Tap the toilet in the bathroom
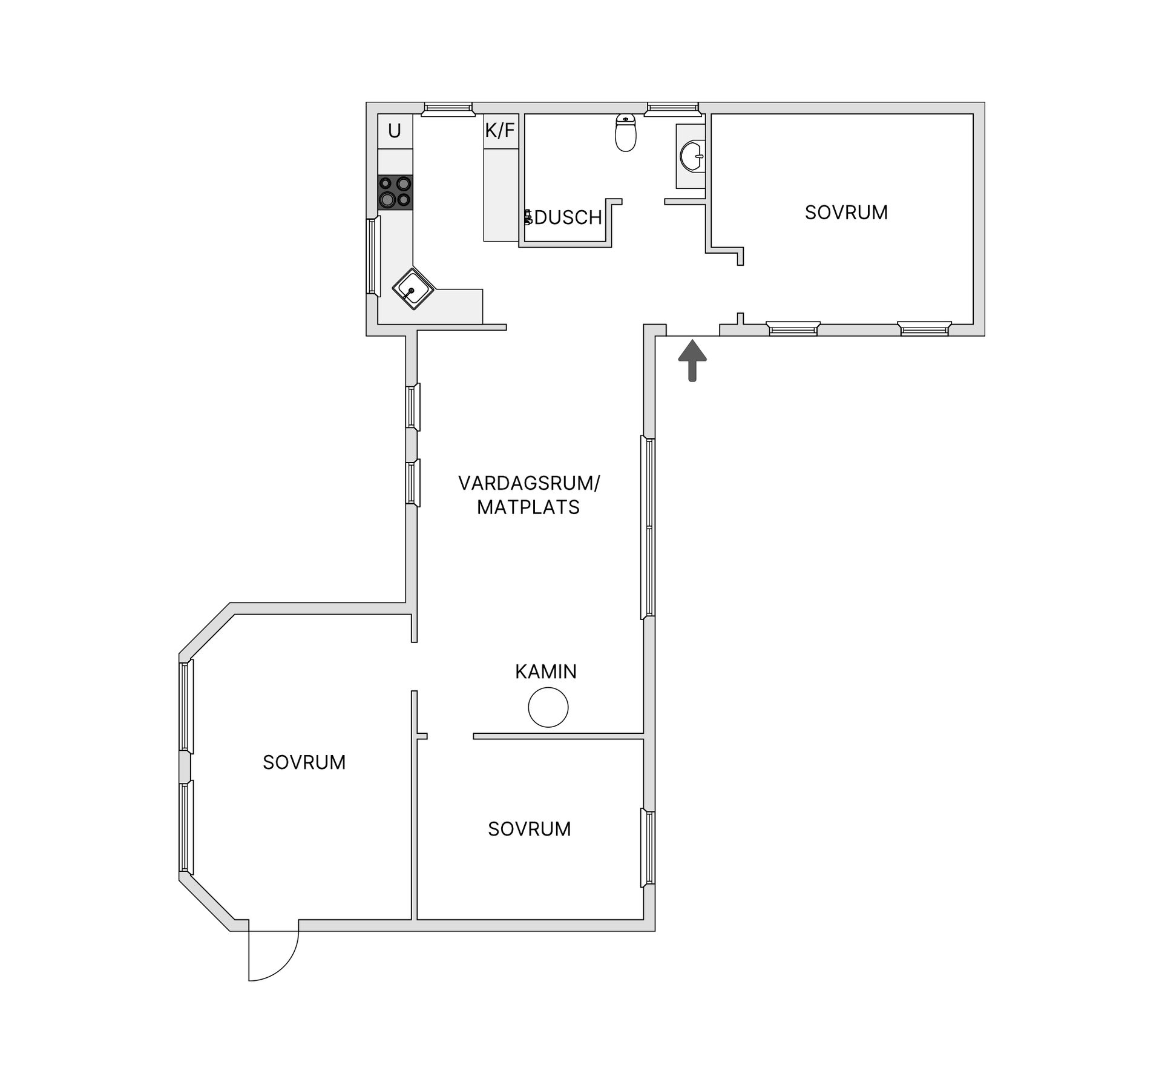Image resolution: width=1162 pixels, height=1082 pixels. coord(626,133)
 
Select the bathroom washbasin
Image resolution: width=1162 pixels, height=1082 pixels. coord(692,156)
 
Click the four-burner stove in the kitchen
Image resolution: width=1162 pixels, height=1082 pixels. coord(395,193)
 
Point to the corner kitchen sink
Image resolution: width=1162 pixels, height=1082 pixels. coord(413,289)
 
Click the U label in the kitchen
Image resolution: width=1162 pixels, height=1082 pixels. coord(395,131)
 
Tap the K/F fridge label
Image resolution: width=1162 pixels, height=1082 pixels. coord(500,130)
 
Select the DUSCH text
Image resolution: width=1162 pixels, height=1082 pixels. coord(568,217)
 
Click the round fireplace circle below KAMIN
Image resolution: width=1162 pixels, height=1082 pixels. coord(548,707)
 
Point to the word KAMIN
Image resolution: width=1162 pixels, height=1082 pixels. coord(546,671)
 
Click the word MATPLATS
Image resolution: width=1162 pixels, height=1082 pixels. coord(528,507)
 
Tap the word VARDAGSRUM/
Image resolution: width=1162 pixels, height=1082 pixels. coord(529,483)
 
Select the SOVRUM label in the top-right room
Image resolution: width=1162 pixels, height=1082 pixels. coord(846,213)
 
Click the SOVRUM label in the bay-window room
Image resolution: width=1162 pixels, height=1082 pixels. coord(304,762)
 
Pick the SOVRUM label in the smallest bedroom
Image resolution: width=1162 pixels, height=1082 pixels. coord(530,829)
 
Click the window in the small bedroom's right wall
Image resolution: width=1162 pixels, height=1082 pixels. coord(648,848)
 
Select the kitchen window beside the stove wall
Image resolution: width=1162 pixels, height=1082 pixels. coord(373,257)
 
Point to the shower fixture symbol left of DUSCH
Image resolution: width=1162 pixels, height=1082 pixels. coord(528,217)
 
